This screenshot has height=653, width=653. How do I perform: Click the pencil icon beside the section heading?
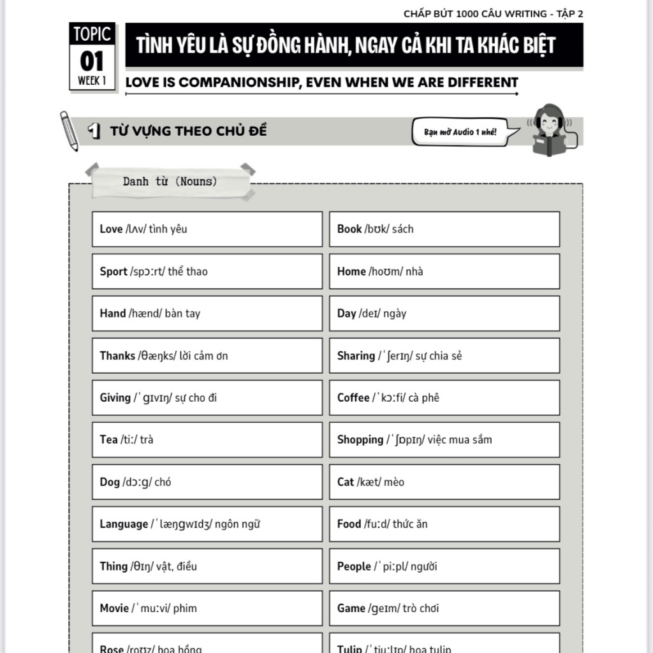pos(68,130)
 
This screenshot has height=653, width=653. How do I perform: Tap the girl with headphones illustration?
pos(549,129)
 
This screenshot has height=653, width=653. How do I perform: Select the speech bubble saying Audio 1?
pos(460,132)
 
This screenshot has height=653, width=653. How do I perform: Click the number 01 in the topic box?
pos(92,62)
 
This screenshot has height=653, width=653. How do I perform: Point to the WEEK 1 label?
pos(92,81)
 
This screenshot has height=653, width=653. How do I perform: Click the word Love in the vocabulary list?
pos(111,229)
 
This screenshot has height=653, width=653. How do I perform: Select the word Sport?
pos(114,271)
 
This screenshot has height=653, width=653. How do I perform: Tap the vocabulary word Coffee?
pos(353,397)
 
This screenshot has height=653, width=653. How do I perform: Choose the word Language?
pos(124,524)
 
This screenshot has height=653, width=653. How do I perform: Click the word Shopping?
pos(360,439)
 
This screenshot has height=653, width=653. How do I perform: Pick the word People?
pos(354,566)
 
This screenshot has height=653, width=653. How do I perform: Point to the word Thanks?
pos(117,355)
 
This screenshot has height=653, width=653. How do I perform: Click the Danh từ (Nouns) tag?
pos(170,182)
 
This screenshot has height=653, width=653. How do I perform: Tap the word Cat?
pos(346,481)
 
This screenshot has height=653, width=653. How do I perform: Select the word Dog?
pos(110,481)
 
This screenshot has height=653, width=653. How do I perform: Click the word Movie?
pos(114,608)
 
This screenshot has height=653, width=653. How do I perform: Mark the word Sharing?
pos(356,355)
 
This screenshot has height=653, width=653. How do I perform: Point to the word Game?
pos(351,608)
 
